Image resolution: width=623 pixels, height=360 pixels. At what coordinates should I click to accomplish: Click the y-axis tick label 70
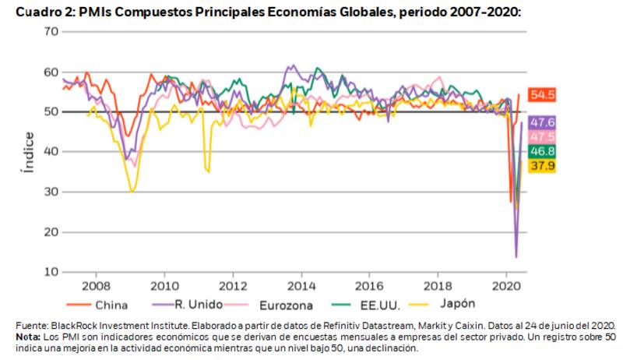point(51,31)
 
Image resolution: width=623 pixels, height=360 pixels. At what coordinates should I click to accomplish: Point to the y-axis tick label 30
point(51,192)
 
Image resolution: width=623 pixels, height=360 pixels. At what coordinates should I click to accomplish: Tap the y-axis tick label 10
point(51,272)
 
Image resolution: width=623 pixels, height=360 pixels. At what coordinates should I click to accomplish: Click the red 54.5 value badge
point(542,95)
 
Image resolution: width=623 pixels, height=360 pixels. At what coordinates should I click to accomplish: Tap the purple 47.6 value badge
point(542,123)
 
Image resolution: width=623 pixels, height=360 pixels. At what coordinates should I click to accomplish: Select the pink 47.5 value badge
point(542,137)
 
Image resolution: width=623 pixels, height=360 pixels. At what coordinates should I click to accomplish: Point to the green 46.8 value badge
point(542,151)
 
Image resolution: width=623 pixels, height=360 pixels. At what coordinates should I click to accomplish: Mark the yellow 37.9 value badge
point(542,165)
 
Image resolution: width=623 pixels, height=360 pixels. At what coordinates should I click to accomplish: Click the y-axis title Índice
point(29,152)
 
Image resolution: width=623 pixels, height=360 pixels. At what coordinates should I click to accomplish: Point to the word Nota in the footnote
point(30,337)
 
